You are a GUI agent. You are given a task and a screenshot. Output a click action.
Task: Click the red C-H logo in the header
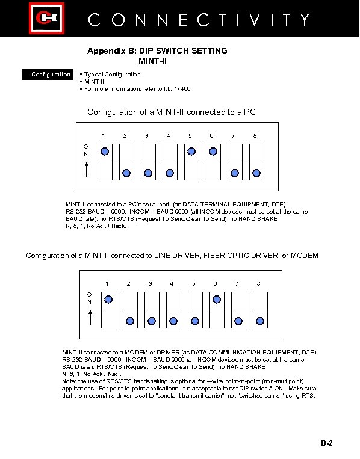click(x=46, y=19)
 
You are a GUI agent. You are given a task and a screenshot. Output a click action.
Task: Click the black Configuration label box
click(x=48, y=75)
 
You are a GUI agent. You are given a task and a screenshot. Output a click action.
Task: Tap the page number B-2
click(x=327, y=443)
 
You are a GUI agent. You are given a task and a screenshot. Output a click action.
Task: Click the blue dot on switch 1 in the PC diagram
click(x=105, y=152)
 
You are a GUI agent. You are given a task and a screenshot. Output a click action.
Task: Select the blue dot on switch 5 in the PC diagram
click(x=191, y=152)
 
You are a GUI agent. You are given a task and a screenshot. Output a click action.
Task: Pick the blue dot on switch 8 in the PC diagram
click(x=256, y=173)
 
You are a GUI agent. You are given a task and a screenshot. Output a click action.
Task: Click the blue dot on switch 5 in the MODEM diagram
click(x=195, y=321)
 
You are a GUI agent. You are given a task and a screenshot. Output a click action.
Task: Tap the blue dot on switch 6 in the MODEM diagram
click(x=217, y=300)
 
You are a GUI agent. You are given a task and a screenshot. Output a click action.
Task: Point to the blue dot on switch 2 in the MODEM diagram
click(x=130, y=321)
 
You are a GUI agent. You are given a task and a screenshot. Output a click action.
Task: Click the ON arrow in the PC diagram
click(x=87, y=170)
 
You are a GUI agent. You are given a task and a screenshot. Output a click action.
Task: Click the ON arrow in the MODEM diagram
click(x=90, y=318)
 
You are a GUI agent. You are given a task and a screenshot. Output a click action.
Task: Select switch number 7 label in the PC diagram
click(x=233, y=135)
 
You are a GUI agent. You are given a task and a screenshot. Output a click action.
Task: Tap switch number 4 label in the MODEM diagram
click(x=172, y=284)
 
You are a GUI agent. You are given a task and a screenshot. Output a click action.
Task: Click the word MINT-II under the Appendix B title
click(x=153, y=61)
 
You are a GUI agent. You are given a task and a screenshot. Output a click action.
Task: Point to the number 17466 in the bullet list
click(x=182, y=88)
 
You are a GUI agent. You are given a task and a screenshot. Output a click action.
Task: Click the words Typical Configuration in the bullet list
click(x=113, y=75)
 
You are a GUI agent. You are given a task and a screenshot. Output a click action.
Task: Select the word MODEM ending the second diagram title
click(x=305, y=256)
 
